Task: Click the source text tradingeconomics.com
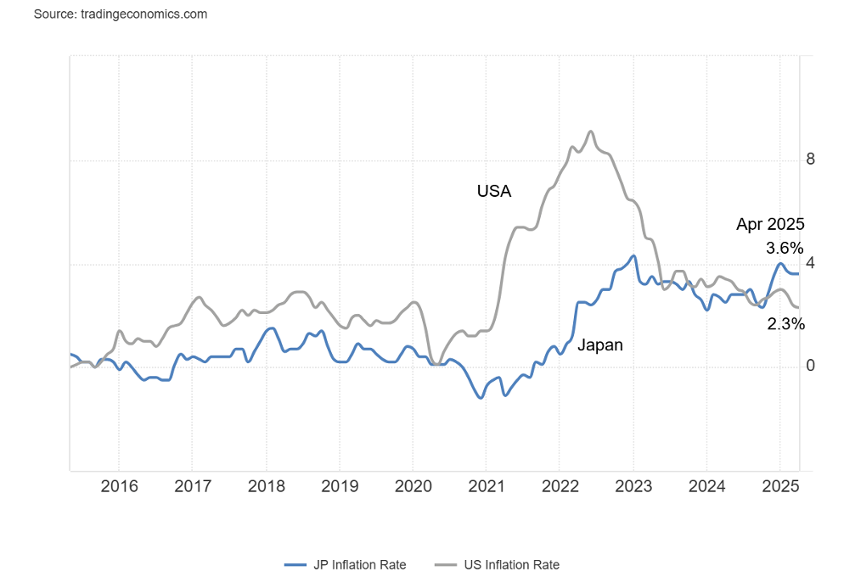(121, 14)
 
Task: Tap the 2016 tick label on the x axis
(119, 486)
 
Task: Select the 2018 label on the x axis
(266, 486)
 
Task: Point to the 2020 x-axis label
(413, 486)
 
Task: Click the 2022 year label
(560, 486)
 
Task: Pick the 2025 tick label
(779, 486)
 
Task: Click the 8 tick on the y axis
(810, 160)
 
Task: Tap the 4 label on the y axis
(810, 263)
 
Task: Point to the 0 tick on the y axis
(810, 366)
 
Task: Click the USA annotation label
(494, 192)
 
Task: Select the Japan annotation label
(599, 345)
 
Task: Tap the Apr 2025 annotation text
(770, 225)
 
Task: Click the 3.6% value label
(784, 249)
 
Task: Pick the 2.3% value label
(785, 323)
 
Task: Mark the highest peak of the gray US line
(590, 132)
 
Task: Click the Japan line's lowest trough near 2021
(481, 398)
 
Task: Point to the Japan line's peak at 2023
(633, 255)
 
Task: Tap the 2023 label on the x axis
(633, 486)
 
